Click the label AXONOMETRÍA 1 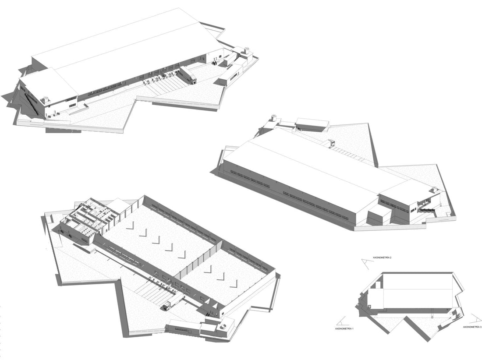pyautogui.click(x=344, y=328)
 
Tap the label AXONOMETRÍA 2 pyautogui.click(x=382, y=258)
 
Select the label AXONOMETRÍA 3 pyautogui.click(x=472, y=327)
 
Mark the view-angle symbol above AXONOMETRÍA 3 pyautogui.click(x=476, y=318)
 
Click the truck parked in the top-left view pyautogui.click(x=188, y=74)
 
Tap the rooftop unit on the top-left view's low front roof pyautogui.click(x=45, y=100)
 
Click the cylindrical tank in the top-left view pyautogui.click(x=246, y=50)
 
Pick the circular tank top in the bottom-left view pyautogui.click(x=223, y=325)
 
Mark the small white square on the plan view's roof pyautogui.click(x=369, y=306)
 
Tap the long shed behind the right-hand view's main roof pyautogui.click(x=312, y=124)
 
